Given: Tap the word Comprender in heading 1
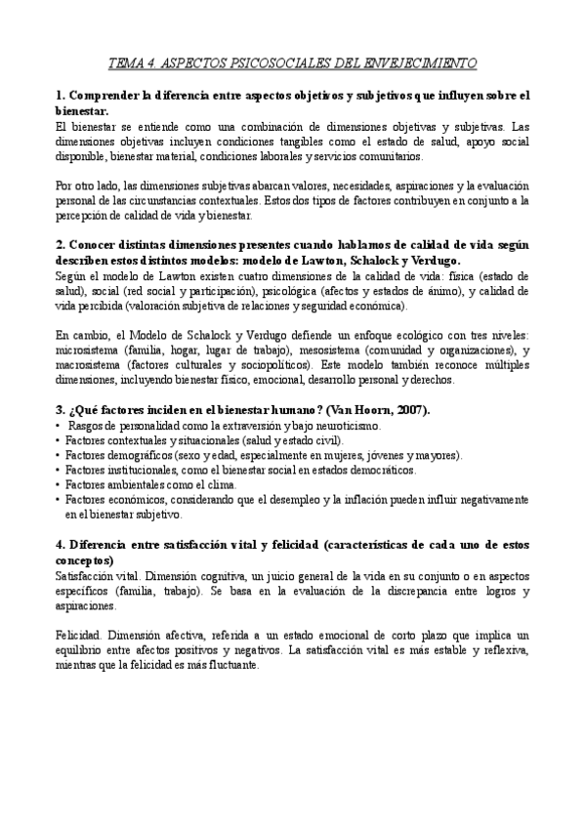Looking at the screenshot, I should click(x=108, y=96).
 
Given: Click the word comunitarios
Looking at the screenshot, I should click(x=389, y=156).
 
